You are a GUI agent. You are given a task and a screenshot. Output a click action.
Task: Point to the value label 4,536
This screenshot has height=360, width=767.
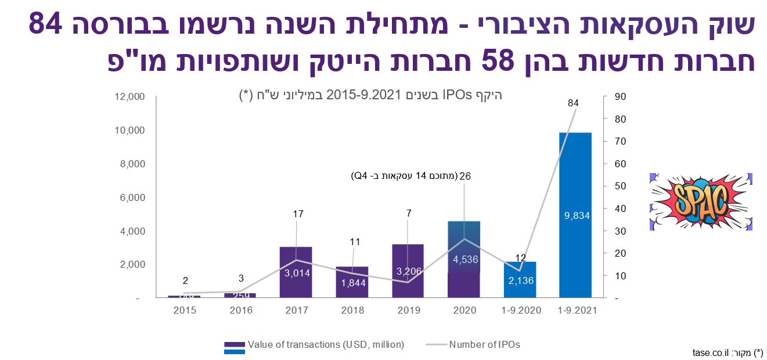pyautogui.click(x=465, y=260)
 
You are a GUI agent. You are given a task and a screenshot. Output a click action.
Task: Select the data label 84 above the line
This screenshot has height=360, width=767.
pyautogui.click(x=573, y=103)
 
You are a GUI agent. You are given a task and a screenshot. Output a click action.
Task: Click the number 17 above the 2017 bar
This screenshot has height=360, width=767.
pyautogui.click(x=298, y=214)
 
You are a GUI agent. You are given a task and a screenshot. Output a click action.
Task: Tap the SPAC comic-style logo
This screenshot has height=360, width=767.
pyautogui.click(x=701, y=201)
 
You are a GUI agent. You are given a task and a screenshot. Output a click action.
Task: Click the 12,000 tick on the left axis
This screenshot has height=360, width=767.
pyautogui.click(x=128, y=96)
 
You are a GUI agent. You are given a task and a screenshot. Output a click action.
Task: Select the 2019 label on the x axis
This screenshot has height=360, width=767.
pyautogui.click(x=409, y=310)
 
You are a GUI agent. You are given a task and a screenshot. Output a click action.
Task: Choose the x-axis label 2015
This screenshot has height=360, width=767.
pyautogui.click(x=185, y=310)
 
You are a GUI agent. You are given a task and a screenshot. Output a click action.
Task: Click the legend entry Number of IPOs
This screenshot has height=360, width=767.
pyautogui.click(x=484, y=344)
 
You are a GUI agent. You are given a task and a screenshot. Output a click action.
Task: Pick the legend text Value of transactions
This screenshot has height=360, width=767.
pyautogui.click(x=325, y=344)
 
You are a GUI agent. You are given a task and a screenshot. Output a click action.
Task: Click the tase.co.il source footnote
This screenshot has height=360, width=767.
pyautogui.click(x=727, y=352)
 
